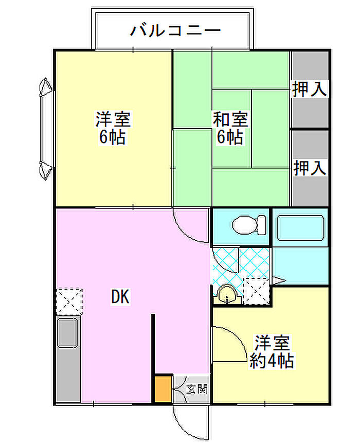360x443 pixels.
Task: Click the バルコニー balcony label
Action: coord(175,30)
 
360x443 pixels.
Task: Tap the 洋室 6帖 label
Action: coord(113,128)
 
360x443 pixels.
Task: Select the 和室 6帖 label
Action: coord(230,128)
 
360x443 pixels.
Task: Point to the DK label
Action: coord(120,297)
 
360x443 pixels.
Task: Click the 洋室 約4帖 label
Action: coord(272,351)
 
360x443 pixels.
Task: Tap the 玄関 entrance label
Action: coord(197,389)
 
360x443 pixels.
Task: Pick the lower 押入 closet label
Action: coord(310,168)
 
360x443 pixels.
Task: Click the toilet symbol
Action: coord(249,225)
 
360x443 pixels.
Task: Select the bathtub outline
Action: coord(300,228)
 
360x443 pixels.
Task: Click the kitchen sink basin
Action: coord(67,332)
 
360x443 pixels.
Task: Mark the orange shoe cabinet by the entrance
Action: coord(163,389)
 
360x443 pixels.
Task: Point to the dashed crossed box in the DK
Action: coord(69,302)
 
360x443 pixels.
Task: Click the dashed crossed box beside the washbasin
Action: coord(257,292)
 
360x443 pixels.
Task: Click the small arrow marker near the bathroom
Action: coord(278,280)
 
